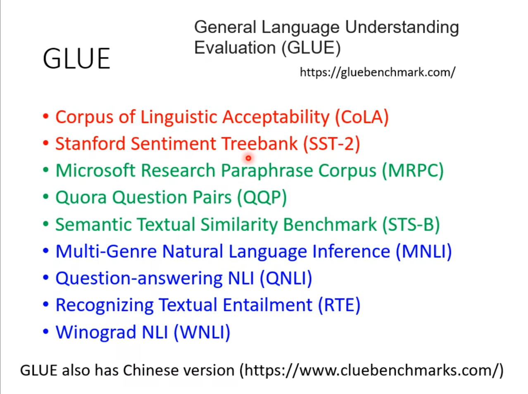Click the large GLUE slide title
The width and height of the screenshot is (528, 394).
pos(76,58)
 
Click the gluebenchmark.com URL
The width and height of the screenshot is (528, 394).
pos(378,72)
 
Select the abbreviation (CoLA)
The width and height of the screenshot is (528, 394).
pos(362,117)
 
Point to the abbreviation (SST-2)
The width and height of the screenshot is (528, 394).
pos(331,144)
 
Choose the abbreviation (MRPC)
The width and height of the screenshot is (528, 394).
pos(413,171)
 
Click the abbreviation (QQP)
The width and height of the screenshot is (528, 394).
pos(262,197)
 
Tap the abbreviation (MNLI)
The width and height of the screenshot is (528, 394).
pos(423,252)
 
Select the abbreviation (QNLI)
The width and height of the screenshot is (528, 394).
pos(286,278)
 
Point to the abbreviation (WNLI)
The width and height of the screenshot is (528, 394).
pos(202,332)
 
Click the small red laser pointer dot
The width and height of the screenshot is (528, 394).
pos(248,158)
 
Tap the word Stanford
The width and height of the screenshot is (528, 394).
pos(90,144)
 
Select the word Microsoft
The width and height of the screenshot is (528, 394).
pos(95,171)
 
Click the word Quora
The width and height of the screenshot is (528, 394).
pos(81,197)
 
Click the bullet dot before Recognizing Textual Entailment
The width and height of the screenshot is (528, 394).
pos(45,304)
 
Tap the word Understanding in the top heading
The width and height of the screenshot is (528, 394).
pos(402,27)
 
